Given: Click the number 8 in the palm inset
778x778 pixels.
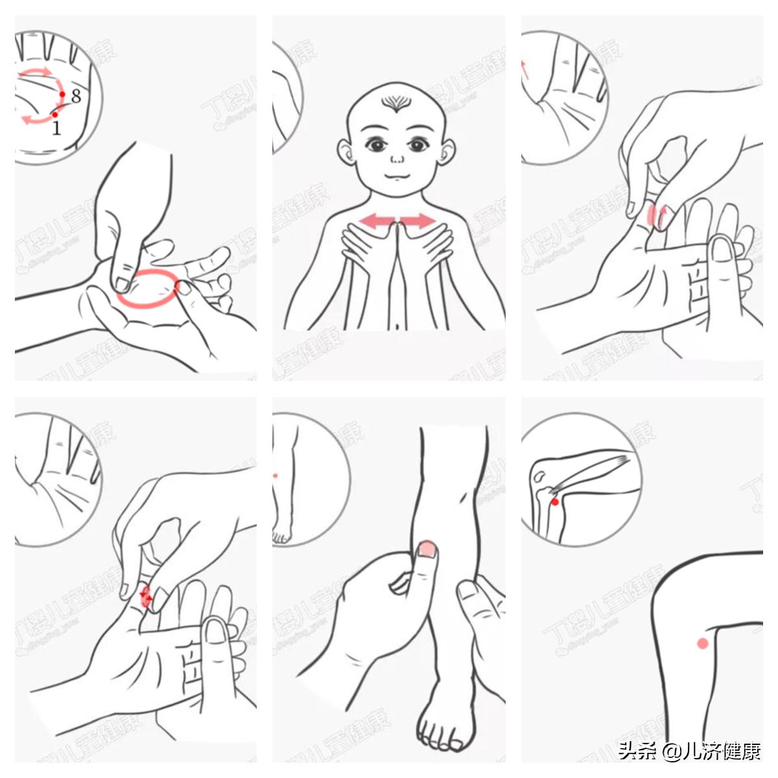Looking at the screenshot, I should coord(76,97).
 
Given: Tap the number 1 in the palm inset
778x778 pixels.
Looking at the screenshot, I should coord(56,128).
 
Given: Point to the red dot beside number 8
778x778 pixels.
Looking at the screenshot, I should coord(62,94).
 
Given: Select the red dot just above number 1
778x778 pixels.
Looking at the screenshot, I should coord(55,115).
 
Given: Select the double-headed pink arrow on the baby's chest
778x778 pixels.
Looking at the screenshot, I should coord(397,220).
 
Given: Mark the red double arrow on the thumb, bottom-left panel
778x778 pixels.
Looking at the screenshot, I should coord(146,595).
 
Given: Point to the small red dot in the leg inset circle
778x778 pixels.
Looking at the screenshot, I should coord(276,475).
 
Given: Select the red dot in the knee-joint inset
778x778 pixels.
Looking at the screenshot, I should coord(555,502).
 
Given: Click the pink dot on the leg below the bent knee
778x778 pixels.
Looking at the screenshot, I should coord(702,643).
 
